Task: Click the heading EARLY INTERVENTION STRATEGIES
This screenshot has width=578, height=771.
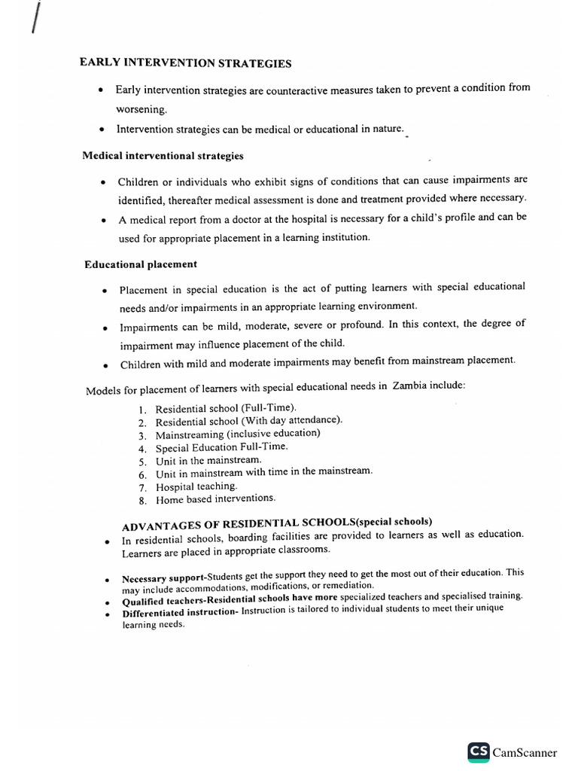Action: pyautogui.click(x=185, y=62)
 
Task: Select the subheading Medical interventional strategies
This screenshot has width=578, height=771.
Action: pyautogui.click(x=163, y=156)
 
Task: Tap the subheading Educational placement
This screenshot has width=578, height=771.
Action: pyautogui.click(x=141, y=264)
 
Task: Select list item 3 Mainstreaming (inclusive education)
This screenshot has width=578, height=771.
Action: pyautogui.click(x=238, y=434)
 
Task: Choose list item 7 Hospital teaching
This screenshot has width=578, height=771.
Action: pyautogui.click(x=196, y=486)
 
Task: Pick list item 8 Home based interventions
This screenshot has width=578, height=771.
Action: pyautogui.click(x=215, y=499)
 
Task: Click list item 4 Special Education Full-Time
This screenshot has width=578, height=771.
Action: pyautogui.click(x=221, y=447)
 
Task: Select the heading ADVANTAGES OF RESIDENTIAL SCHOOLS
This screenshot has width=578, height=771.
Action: pyautogui.click(x=277, y=523)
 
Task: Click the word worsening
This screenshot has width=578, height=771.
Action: pyautogui.click(x=141, y=109)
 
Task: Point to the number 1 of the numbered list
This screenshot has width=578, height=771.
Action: pyautogui.click(x=141, y=409)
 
